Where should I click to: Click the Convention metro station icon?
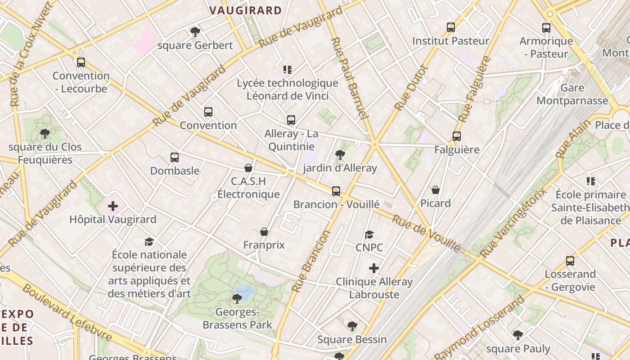(208, 112)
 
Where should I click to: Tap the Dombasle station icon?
(175, 157)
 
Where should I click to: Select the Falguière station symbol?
(457, 136)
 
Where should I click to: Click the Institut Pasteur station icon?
(451, 27)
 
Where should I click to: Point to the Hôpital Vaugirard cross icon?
(113, 206)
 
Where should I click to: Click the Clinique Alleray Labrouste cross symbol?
(373, 269)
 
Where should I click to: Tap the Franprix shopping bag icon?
(264, 232)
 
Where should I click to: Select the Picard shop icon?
(435, 190)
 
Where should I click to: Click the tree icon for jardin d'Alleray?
(340, 155)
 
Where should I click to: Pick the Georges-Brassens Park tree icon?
(237, 298)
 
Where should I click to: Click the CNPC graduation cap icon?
(369, 234)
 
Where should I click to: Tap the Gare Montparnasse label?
(572, 94)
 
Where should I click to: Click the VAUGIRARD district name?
(246, 10)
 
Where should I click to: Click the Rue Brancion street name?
(311, 261)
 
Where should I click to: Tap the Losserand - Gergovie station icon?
(570, 261)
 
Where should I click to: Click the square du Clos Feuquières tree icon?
(45, 133)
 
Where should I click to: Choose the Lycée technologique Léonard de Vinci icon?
(288, 69)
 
